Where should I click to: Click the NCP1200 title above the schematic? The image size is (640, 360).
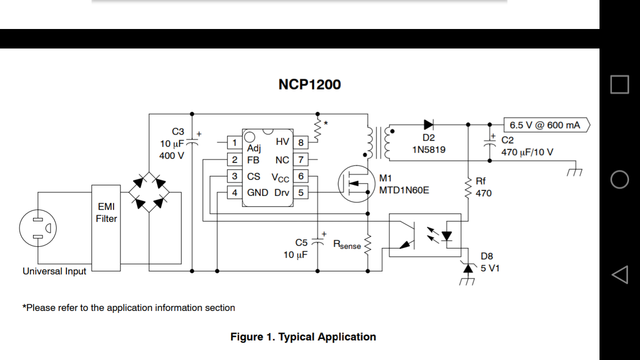pos(309,84)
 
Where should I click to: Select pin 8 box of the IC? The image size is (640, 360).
pos(300,142)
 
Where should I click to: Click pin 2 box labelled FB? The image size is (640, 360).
pos(234,160)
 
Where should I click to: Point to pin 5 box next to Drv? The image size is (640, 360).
pos(300,192)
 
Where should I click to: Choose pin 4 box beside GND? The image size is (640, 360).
pos(234,192)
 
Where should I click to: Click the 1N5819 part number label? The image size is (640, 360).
pos(428,149)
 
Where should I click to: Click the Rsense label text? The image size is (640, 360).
pos(347,245)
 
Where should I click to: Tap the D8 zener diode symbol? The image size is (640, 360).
pos(468,269)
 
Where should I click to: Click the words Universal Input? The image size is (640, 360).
pos(54,271)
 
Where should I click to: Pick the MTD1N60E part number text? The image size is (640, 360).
pos(404,190)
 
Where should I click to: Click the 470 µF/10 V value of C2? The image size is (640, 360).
pos(527,152)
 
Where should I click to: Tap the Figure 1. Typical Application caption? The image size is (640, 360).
pos(303,337)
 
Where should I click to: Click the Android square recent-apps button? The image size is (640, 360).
pos(619,84)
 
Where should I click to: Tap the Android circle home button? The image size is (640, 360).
pos(619,179)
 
